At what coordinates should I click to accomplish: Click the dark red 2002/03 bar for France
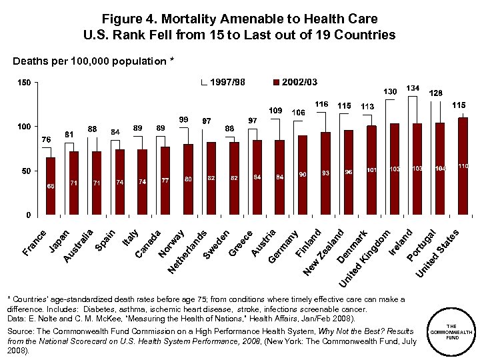pos(51,186)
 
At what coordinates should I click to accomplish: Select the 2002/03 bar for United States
pos(463,167)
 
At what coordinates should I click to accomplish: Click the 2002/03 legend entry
pos(294,82)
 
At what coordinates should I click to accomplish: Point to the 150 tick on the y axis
pos(24,83)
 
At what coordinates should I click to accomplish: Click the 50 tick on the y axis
pos(26,171)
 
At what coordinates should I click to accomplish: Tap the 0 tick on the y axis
pos(29,215)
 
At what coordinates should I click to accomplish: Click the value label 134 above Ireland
pos(413,88)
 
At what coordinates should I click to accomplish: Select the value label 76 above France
pos(46,139)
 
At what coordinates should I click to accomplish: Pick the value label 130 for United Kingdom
pos(390,91)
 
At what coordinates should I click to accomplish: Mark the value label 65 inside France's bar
pos(51,186)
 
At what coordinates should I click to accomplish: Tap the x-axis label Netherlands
pos(189,252)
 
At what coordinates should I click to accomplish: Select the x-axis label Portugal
pos(422,245)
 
